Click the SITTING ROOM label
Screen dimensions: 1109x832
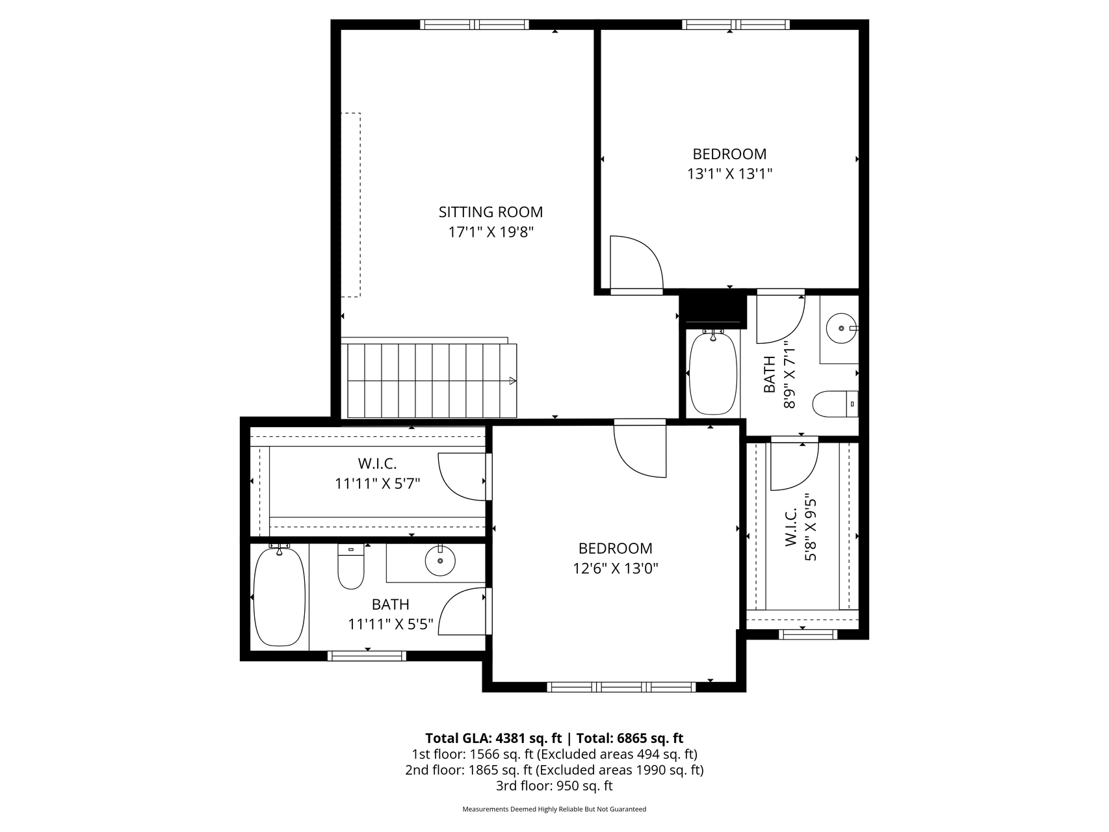(x=491, y=212)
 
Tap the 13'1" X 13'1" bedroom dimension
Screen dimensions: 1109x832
(x=729, y=174)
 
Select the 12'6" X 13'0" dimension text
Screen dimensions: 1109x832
(x=616, y=569)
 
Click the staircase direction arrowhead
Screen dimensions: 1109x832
(x=512, y=381)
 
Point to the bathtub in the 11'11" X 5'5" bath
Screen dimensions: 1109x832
(x=279, y=597)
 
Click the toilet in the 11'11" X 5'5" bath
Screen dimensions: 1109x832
(x=351, y=566)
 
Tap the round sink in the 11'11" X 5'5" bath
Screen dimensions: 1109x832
(x=440, y=560)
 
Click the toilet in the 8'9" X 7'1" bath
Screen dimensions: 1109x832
(x=836, y=404)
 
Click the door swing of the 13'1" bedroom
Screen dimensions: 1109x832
(x=636, y=263)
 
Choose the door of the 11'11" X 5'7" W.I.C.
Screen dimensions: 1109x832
(x=464, y=476)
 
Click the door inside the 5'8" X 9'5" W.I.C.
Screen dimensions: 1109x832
(x=794, y=465)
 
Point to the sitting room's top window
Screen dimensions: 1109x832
(x=475, y=25)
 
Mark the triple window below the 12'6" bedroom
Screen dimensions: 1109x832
(x=621, y=687)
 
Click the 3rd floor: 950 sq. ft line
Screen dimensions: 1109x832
(x=554, y=786)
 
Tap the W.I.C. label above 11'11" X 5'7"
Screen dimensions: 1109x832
(x=377, y=464)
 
